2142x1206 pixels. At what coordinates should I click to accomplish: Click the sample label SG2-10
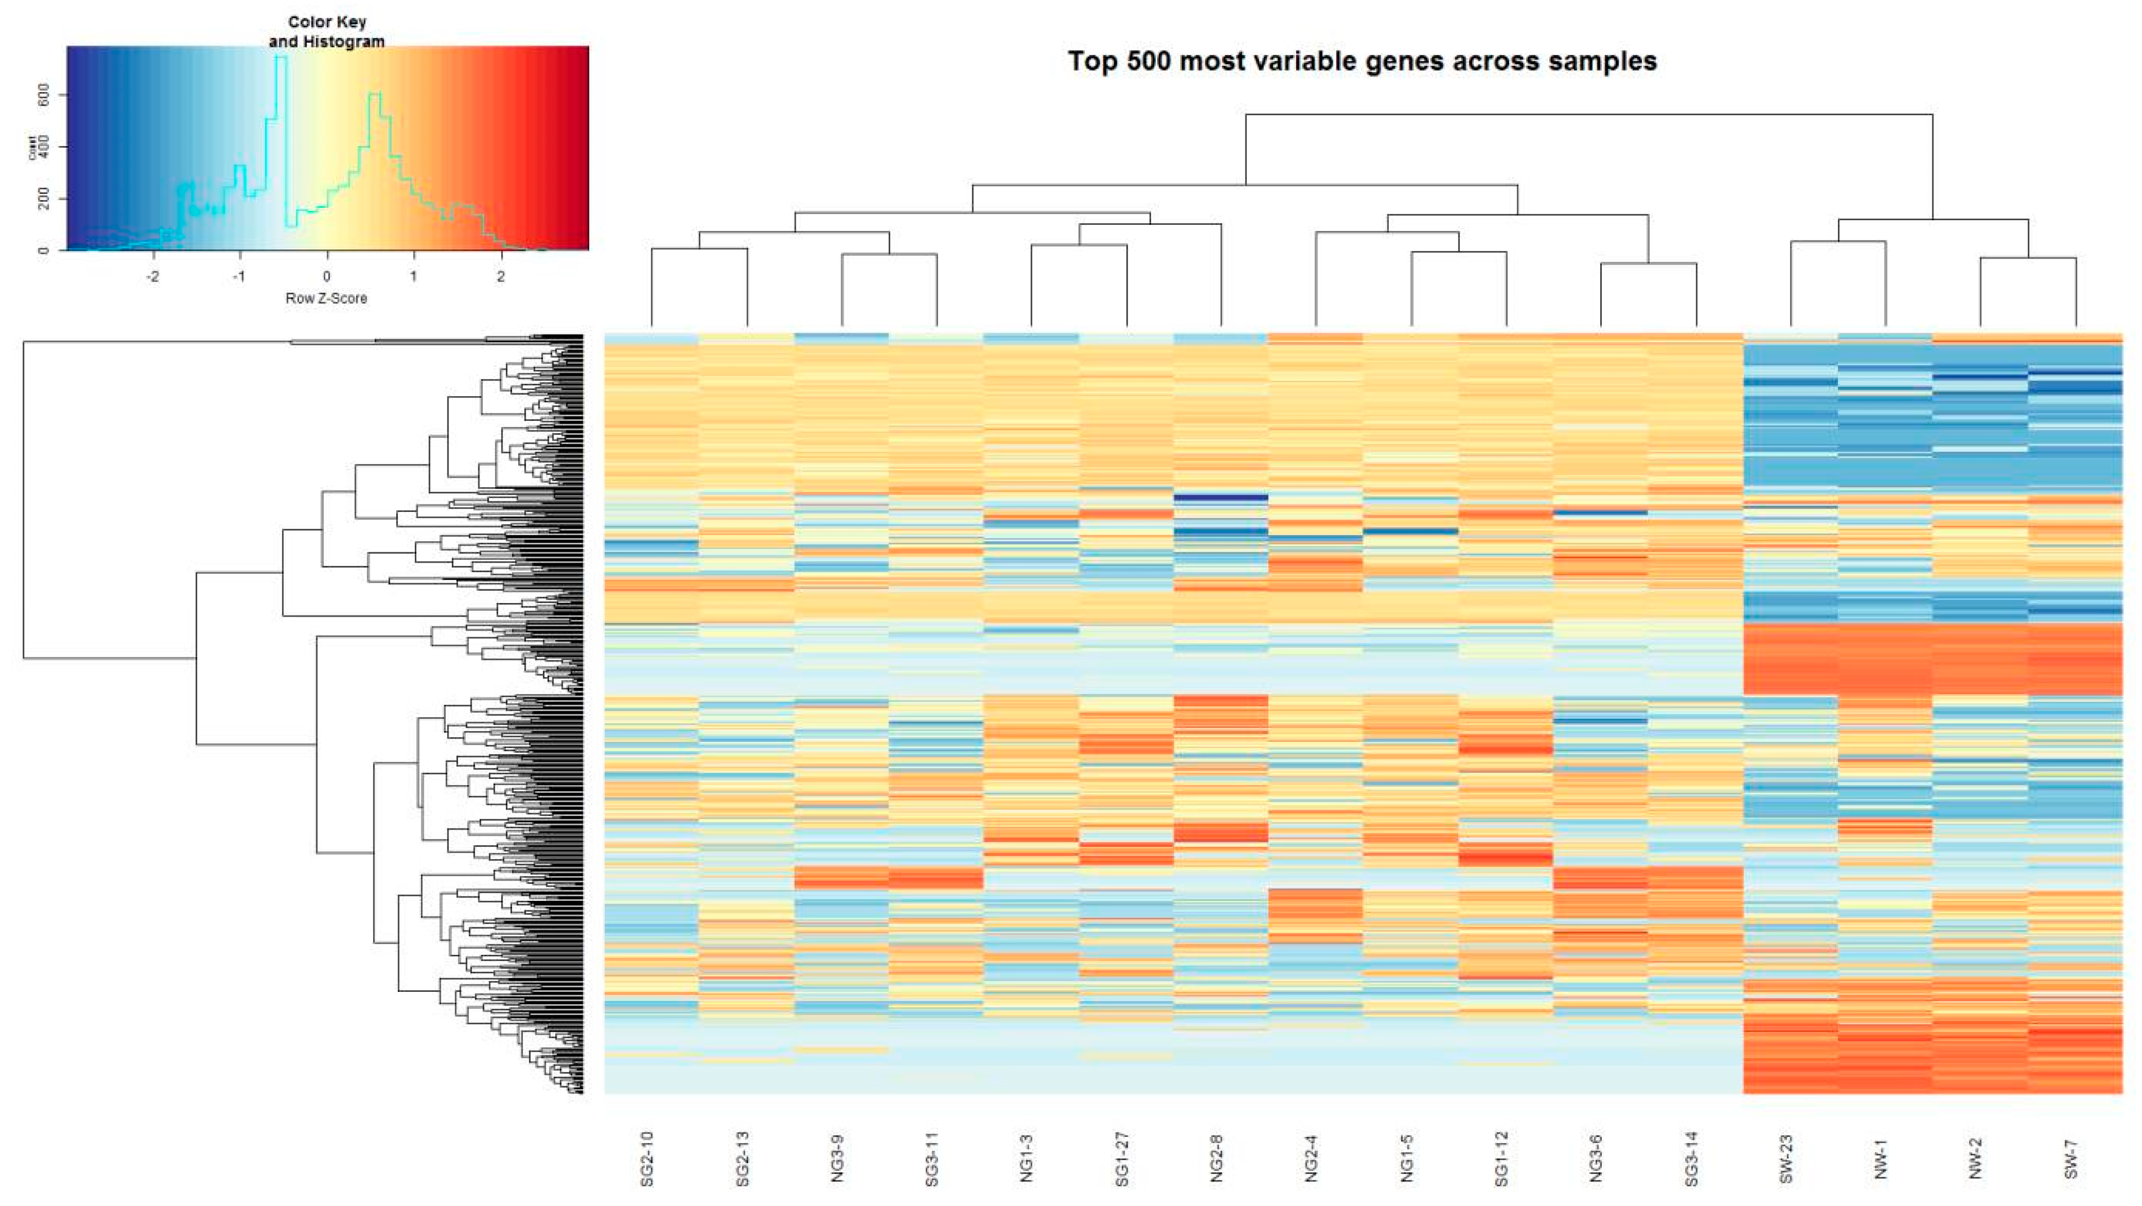coord(647,1158)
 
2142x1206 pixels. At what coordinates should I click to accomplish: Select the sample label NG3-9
coord(837,1158)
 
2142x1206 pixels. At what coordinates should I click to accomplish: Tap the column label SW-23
coord(1785,1158)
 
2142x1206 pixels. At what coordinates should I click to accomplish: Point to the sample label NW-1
coord(1881,1158)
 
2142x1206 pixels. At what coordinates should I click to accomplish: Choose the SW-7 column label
coord(2071,1158)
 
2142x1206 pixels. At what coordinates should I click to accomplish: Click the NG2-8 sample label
coord(1216,1158)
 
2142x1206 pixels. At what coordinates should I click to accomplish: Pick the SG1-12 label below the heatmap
coord(1501,1158)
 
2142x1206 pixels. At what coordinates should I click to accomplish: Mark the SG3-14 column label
coord(1691,1158)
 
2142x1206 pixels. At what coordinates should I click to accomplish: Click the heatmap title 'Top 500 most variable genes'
coord(1362,61)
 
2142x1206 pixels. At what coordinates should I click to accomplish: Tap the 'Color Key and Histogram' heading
coord(327,31)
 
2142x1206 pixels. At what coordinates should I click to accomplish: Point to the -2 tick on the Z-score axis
coord(153,277)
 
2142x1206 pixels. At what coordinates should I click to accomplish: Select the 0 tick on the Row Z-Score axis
coord(327,277)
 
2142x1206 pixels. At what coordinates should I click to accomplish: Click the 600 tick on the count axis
coord(44,95)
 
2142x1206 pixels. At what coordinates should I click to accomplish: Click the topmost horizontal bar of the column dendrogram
coord(1588,115)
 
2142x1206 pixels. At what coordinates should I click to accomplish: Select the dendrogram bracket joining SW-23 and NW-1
coord(1838,242)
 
